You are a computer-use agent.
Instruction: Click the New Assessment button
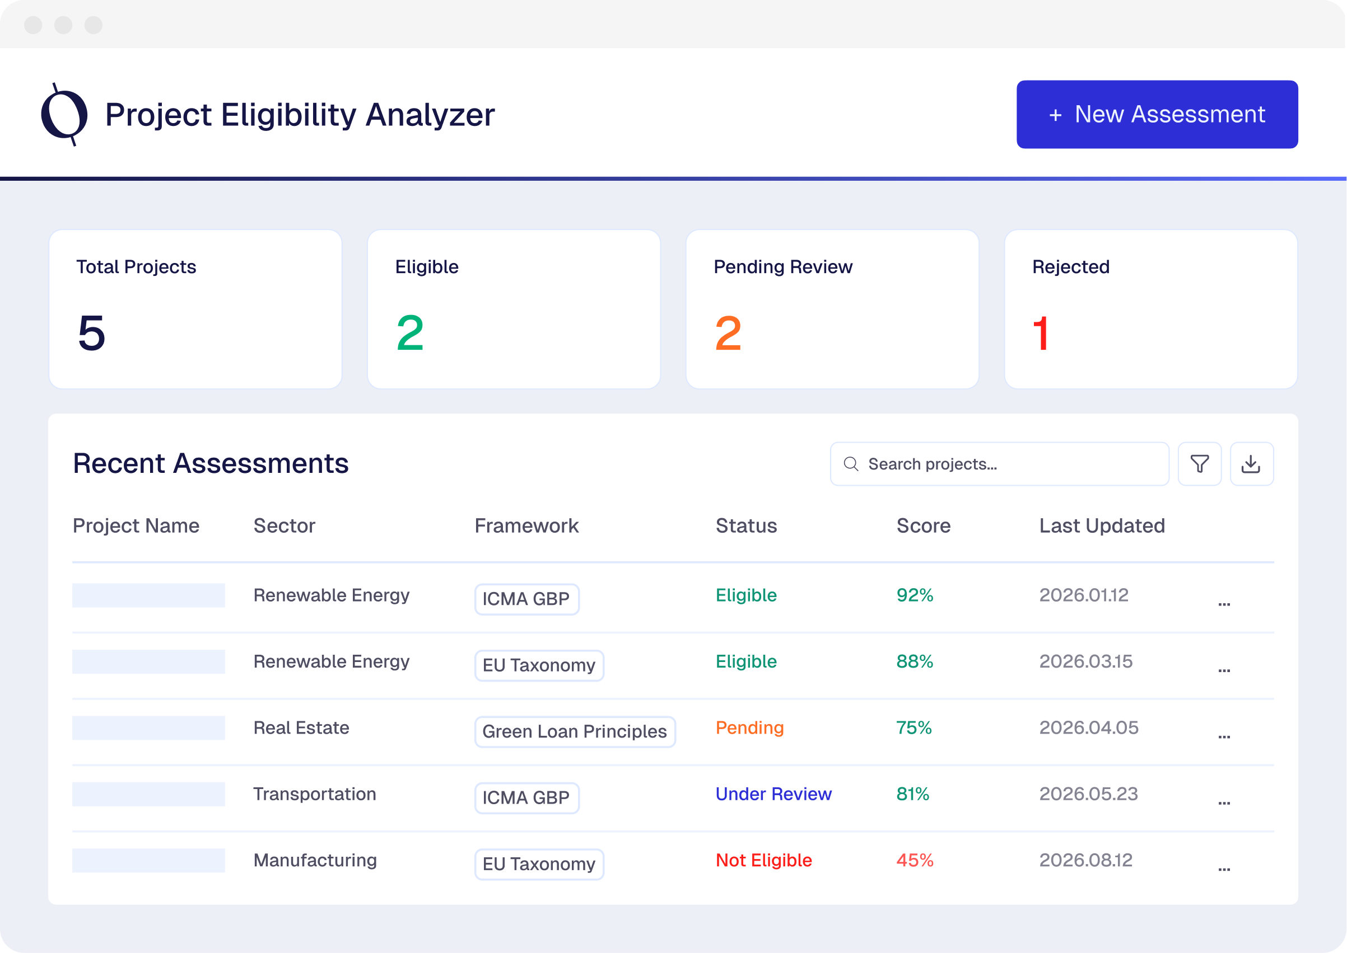tap(1157, 114)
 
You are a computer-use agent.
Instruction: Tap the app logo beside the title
tap(64, 114)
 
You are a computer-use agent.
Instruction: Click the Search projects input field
tap(999, 464)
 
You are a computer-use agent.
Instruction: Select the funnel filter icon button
tap(1200, 464)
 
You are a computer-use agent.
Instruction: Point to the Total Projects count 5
tap(92, 333)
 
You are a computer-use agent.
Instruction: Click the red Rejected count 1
tap(1041, 334)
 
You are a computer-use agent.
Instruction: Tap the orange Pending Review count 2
tap(728, 334)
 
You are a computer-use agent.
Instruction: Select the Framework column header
tap(526, 526)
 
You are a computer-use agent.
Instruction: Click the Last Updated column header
tap(1102, 526)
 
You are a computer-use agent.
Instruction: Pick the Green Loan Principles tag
tap(574, 732)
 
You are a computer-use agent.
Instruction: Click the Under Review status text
tap(773, 794)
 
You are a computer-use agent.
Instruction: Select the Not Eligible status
tap(763, 860)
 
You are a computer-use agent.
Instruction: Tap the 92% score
tap(914, 595)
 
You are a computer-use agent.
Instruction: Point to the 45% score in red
tap(914, 860)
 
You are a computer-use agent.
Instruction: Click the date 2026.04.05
tap(1089, 727)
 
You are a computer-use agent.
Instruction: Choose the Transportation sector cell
tap(314, 794)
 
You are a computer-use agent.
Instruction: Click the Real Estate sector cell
tap(301, 727)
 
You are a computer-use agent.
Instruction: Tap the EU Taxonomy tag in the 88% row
tap(538, 665)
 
